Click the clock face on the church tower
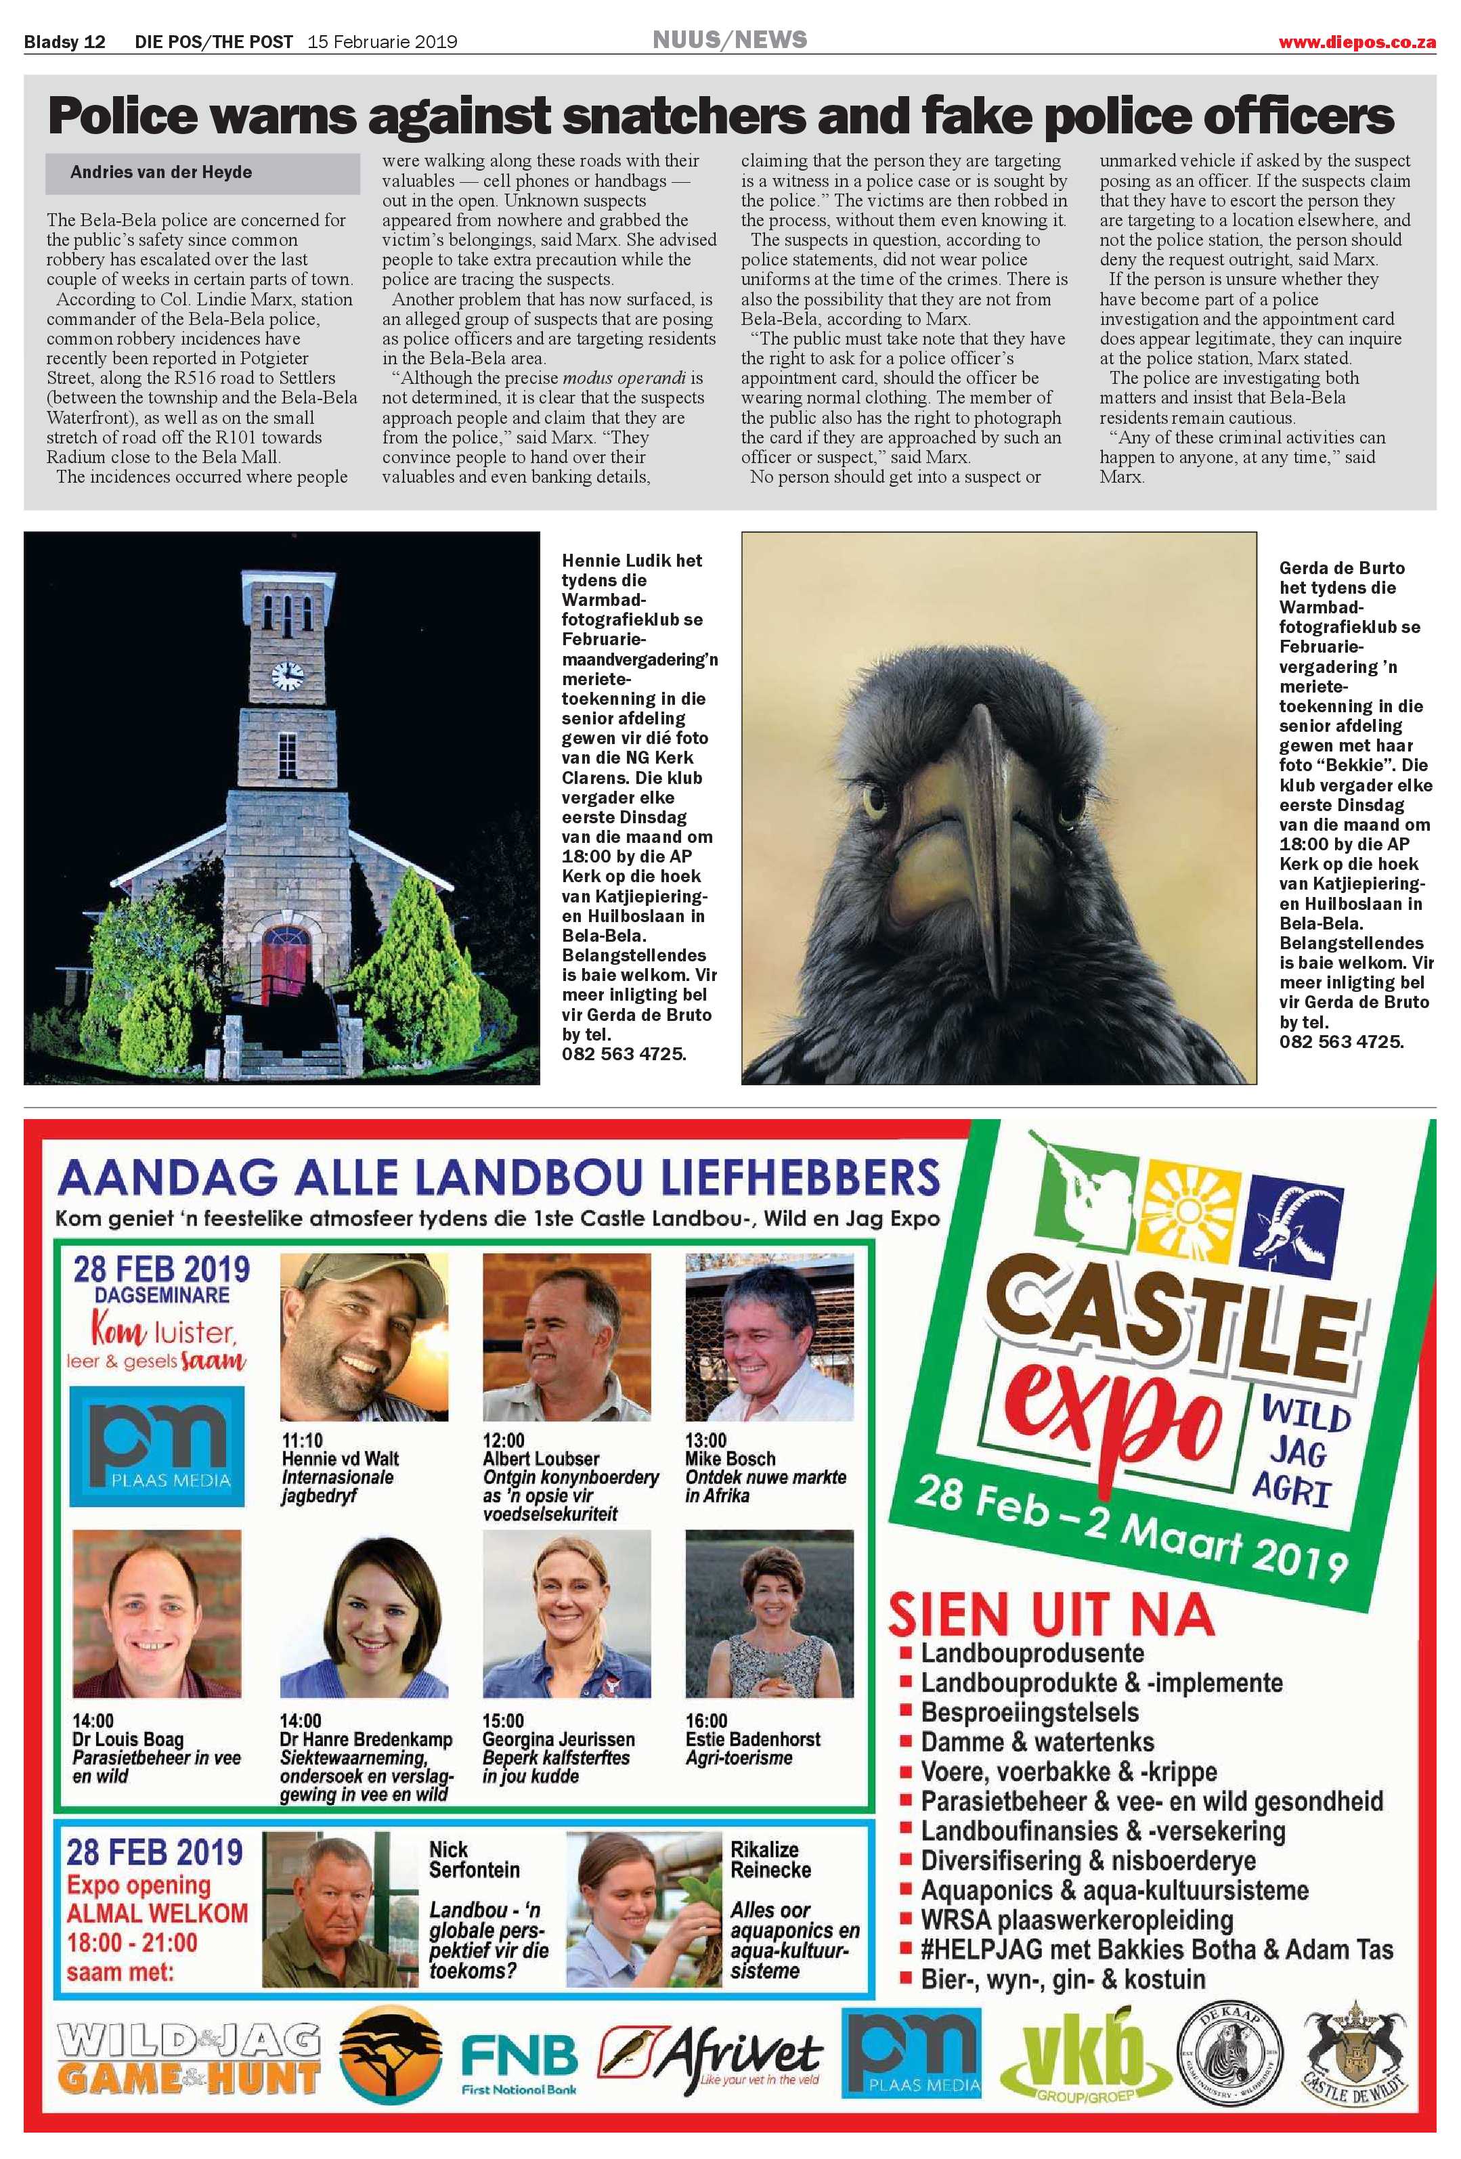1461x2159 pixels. coord(287,674)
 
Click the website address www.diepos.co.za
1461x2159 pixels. coord(1357,42)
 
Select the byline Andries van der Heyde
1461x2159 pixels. coord(160,172)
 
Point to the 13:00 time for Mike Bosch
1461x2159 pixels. coord(706,1441)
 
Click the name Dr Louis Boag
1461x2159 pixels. coord(128,1739)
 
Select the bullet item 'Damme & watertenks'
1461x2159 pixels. coord(1037,1742)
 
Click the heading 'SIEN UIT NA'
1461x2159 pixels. coord(1051,1615)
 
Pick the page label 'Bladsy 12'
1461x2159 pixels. coord(64,42)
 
